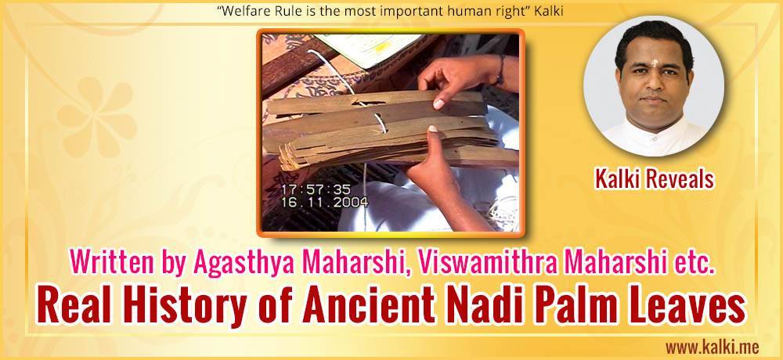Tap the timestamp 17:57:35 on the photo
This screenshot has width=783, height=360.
click(316, 190)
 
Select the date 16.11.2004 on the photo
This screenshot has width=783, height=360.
click(325, 202)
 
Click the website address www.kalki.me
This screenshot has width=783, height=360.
click(712, 347)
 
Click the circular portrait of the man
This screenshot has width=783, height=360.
click(654, 86)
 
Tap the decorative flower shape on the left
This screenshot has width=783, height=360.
click(96, 117)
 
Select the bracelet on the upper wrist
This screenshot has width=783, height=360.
click(500, 70)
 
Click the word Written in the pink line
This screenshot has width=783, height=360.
click(106, 263)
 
